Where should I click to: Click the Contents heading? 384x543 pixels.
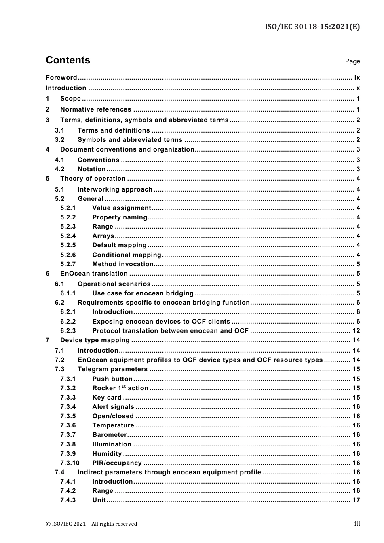(68, 60)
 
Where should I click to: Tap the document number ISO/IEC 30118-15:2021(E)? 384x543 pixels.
(312, 27)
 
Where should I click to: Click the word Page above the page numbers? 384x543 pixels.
(352, 61)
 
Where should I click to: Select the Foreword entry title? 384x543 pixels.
(61, 78)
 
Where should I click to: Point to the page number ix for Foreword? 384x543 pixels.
(357, 78)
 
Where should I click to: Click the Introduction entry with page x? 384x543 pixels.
(66, 88)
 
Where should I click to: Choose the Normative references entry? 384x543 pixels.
(95, 109)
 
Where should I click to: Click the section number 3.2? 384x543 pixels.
(60, 140)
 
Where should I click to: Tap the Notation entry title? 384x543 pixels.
(91, 169)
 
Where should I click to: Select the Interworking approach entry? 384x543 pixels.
(115, 189)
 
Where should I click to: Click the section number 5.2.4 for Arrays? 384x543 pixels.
(68, 236)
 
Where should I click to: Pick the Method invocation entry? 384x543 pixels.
(122, 264)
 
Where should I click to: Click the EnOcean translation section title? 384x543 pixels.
(94, 274)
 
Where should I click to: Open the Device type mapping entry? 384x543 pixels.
(95, 340)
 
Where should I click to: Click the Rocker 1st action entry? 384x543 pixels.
(120, 388)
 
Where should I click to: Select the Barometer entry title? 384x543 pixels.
(109, 435)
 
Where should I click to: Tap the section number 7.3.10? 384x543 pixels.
(70, 463)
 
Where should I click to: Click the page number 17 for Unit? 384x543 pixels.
(356, 500)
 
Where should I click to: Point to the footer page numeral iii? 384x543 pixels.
(357, 524)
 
